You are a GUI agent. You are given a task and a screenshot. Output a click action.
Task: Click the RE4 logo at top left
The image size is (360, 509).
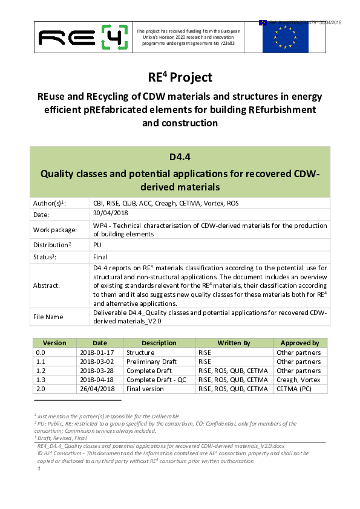pyautogui.click(x=83, y=37)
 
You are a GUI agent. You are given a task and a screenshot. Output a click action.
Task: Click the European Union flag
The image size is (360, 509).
pyautogui.click(x=286, y=36)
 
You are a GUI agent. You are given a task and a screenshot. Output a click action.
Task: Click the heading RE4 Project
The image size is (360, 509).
pyautogui.click(x=180, y=77)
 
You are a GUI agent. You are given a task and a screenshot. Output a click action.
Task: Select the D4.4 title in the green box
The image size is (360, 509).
pyautogui.click(x=180, y=157)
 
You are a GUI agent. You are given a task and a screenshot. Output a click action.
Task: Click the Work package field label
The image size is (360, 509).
pyautogui.click(x=54, y=230)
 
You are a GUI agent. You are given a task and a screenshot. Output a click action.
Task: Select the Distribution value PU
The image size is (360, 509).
pyautogui.click(x=97, y=245)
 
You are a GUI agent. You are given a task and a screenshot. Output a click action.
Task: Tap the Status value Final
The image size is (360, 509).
pyautogui.click(x=100, y=256)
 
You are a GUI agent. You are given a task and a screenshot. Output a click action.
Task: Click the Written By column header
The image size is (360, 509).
pyautogui.click(x=234, y=343)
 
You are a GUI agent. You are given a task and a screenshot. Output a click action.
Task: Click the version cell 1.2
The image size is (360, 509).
pyautogui.click(x=41, y=371)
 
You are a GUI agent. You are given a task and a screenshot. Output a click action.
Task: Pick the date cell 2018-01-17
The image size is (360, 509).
pyautogui.click(x=94, y=352)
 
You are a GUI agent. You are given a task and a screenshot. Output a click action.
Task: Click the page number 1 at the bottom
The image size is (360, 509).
pyautogui.click(x=39, y=468)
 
